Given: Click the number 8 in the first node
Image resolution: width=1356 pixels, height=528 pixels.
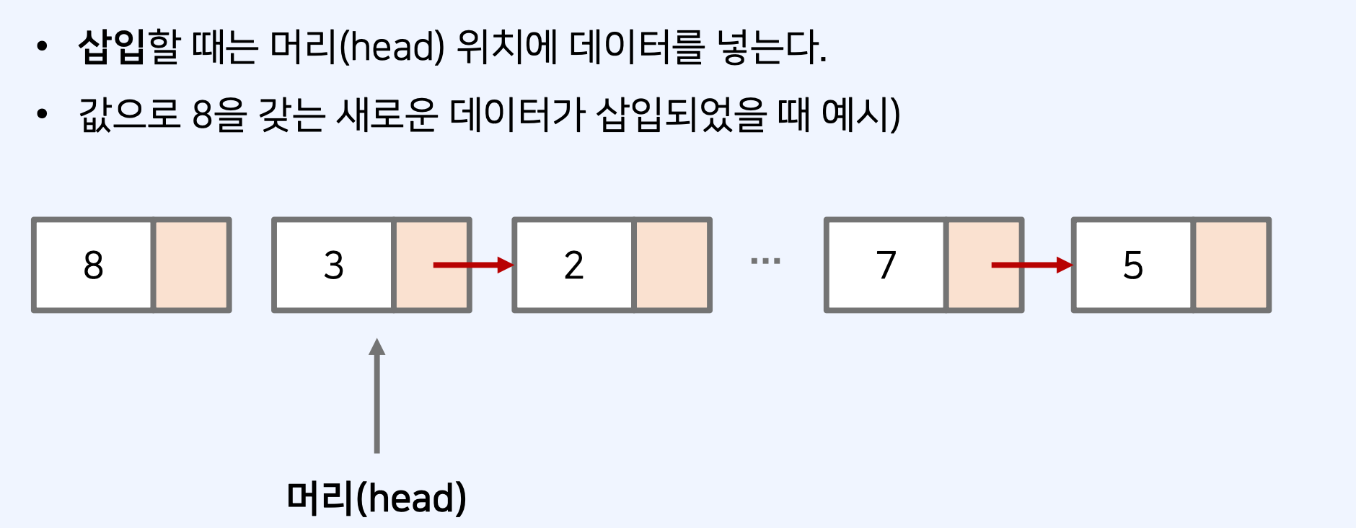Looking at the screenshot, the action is [94, 265].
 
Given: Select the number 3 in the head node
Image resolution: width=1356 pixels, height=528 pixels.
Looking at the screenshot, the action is [333, 265].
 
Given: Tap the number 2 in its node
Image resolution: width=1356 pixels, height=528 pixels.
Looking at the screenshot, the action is [573, 265].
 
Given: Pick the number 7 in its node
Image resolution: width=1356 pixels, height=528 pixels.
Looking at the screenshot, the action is [886, 265].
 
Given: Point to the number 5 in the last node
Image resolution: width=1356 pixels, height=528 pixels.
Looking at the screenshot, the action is [1132, 265].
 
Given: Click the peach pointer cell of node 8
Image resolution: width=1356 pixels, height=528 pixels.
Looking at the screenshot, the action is [192, 265].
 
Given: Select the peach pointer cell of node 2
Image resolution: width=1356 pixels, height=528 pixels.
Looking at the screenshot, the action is [672, 265].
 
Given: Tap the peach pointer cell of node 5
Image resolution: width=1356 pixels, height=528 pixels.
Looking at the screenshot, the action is [1231, 265].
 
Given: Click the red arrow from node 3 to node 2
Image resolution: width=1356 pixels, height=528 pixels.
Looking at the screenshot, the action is [472, 265].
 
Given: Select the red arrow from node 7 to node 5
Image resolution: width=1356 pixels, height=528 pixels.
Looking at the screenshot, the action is [1031, 265].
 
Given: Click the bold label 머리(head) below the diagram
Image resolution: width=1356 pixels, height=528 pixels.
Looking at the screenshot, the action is [377, 498].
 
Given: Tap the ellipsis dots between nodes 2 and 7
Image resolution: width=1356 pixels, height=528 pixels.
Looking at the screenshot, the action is [765, 261].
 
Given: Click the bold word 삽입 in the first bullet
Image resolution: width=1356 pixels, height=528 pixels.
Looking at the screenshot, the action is [112, 48].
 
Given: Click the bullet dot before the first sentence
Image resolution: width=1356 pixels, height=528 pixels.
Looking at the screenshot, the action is [42, 47].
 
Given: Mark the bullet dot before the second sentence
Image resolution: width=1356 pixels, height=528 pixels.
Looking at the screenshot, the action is [42, 114].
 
